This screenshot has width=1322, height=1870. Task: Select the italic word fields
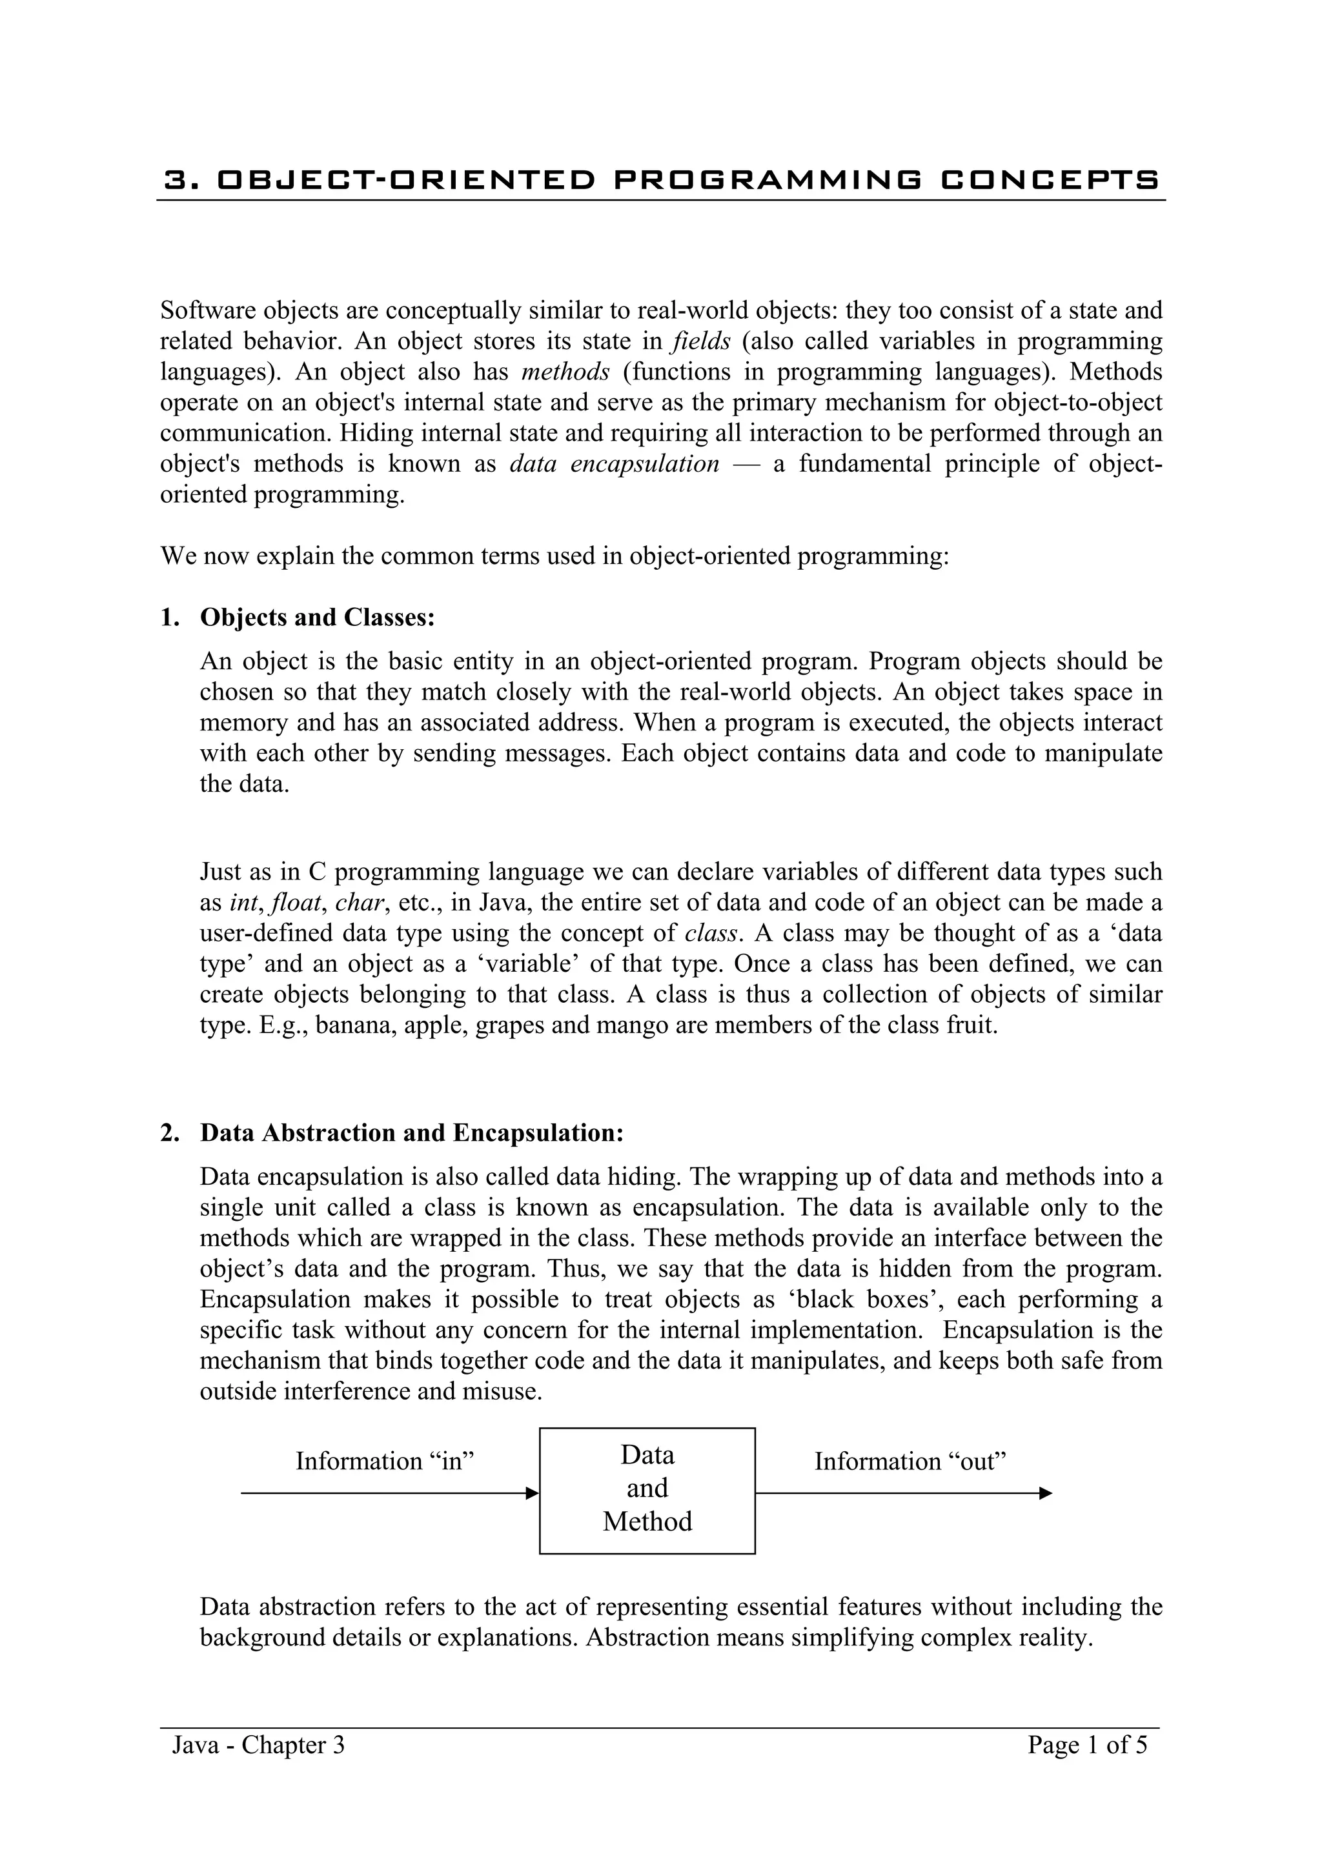700,341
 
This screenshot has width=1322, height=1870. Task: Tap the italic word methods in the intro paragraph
565,372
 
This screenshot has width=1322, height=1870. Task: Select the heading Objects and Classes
318,618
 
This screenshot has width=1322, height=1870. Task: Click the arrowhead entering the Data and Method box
533,1493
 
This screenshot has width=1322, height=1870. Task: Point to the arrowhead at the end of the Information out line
1046,1493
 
